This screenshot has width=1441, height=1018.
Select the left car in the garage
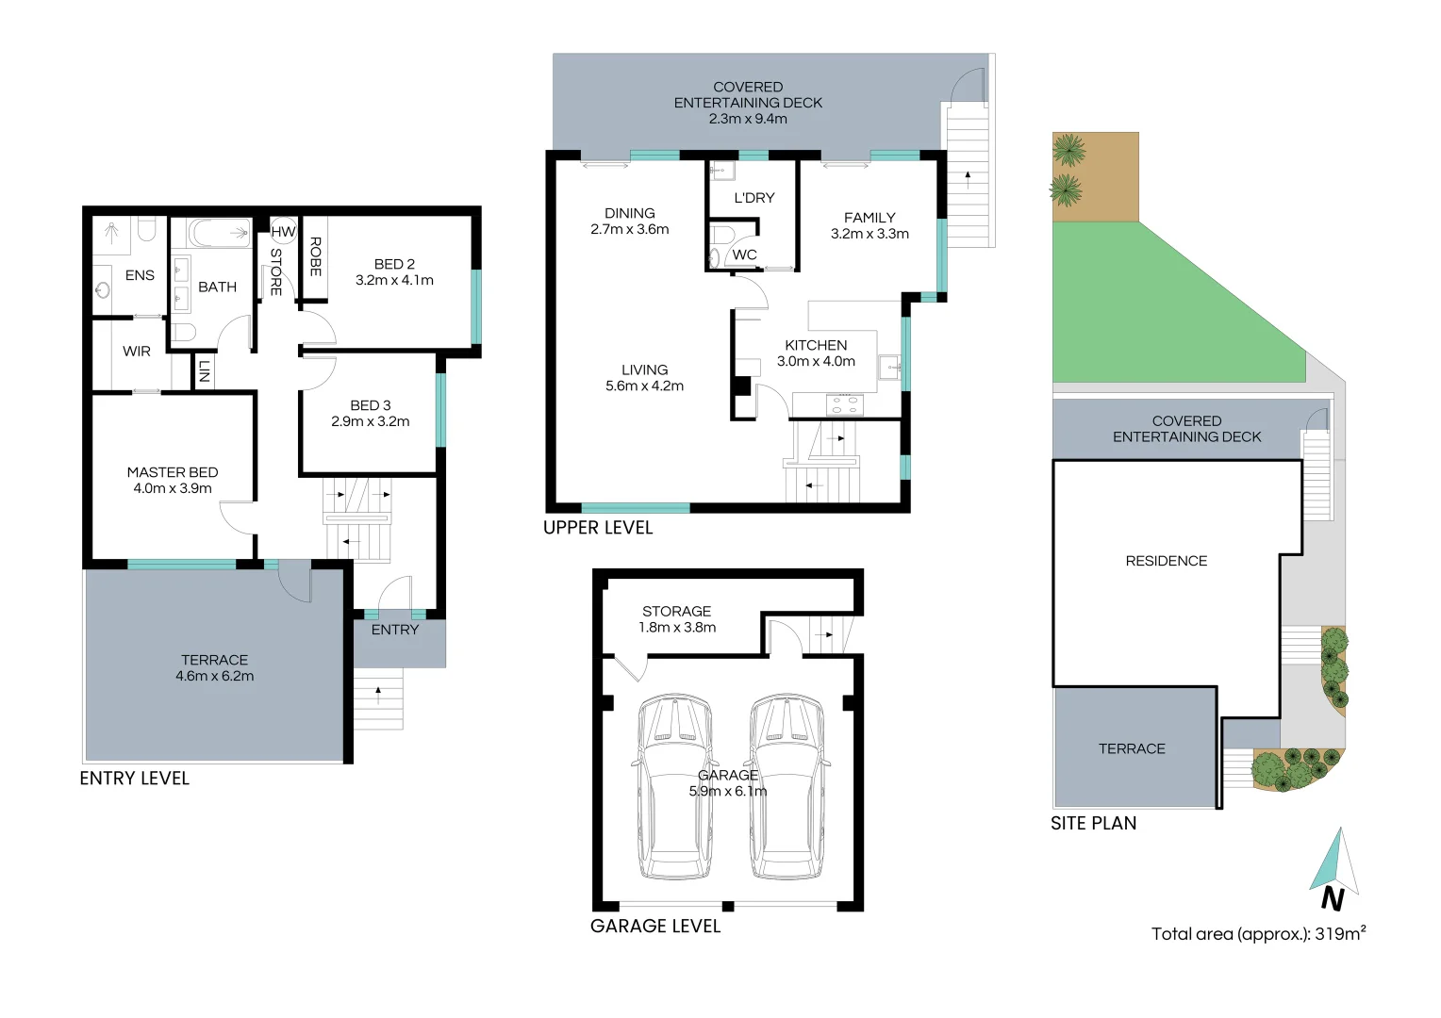coord(674,787)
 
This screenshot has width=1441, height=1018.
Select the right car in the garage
coord(787,787)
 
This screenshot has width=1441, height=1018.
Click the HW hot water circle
coord(283,231)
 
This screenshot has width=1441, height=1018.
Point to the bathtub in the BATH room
coord(218,233)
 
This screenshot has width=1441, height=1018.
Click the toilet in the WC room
coord(721,235)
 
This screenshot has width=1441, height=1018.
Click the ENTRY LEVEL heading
coord(135,779)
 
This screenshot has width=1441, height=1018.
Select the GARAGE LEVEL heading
coord(655,927)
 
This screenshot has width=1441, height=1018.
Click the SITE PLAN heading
coord(1093,823)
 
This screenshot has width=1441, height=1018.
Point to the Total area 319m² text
coord(1258,934)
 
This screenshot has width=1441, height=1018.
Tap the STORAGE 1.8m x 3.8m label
coord(677,619)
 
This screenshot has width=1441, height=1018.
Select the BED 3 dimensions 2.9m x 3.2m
coord(371,421)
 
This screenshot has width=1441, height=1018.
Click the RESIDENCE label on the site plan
coord(1166,561)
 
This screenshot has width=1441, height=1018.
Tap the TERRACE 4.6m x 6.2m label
coord(215,667)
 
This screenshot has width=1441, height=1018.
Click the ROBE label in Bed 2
coord(315,256)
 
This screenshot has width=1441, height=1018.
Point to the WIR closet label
coord(137,352)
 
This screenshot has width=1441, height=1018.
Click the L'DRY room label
coord(754,198)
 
